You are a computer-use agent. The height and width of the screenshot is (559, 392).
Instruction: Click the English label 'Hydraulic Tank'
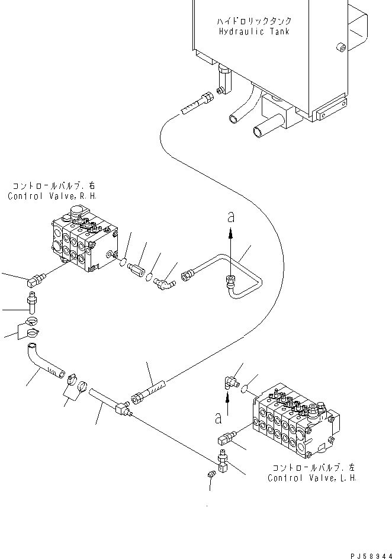[x=255, y=31]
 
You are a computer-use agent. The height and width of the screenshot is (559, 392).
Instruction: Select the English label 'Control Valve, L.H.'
[x=311, y=478]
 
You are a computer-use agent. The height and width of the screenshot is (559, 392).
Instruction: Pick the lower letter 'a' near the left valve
[x=219, y=419]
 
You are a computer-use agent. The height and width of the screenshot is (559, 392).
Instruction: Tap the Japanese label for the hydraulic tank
[x=254, y=21]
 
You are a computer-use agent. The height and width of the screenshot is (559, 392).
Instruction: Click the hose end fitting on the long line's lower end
[x=149, y=392]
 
